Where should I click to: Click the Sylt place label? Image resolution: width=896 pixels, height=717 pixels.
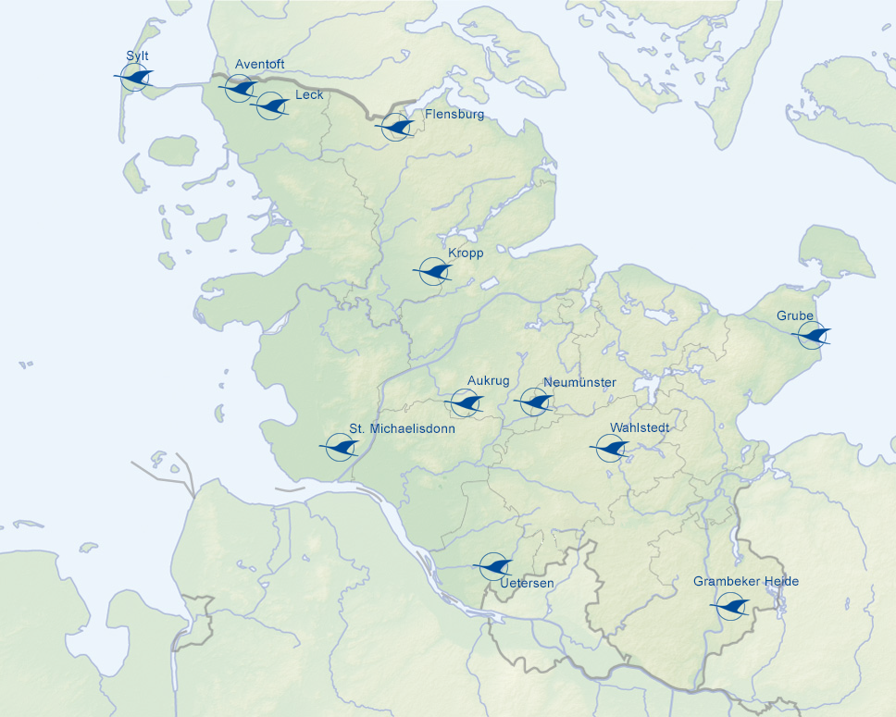pos(137,56)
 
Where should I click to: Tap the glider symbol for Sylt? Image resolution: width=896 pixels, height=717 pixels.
pos(135,77)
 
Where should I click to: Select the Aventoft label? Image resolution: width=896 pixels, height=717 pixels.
pos(260,64)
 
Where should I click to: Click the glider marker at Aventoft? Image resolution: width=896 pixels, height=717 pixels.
pos(240,88)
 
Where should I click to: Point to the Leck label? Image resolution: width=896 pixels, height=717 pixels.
pos(308,95)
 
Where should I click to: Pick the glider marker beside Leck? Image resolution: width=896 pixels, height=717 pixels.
pos(270,105)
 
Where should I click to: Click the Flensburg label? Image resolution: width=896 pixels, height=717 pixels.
pos(454,115)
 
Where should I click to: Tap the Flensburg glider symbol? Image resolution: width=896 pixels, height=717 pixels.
pos(397,127)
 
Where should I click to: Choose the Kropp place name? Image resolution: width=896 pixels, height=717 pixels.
pos(466,253)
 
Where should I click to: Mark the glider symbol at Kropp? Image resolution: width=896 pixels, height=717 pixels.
pos(433,271)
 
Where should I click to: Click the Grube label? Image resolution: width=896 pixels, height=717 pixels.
pos(795,316)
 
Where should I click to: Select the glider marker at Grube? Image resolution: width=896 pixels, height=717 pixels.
pos(814,335)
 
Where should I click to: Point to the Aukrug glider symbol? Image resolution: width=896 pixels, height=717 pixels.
pos(465,402)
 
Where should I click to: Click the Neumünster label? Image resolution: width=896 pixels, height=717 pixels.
pos(579,383)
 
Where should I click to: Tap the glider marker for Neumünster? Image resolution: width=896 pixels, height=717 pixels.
pos(534,402)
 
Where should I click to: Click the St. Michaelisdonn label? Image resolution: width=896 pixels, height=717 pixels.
pos(402,429)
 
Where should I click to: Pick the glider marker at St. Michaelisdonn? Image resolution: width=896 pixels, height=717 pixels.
pos(341,448)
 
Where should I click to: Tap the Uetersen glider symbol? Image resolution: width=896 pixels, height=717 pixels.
pos(493,564)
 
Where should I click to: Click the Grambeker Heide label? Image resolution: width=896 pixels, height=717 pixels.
pos(746,582)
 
